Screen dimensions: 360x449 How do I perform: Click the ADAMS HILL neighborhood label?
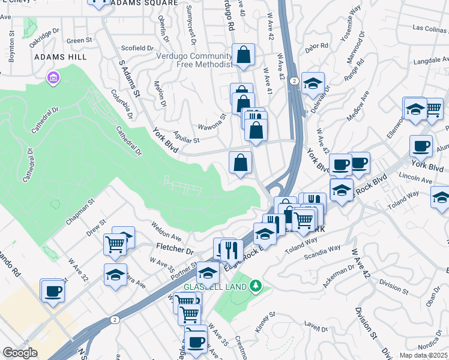(61, 57)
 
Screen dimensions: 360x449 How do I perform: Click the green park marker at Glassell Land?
(257, 286)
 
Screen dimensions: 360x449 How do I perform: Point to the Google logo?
(20, 353)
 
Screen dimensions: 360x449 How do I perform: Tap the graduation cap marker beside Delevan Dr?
(312, 83)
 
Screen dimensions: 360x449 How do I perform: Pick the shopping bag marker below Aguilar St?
(240, 163)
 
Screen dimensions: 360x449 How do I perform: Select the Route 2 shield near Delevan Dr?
(294, 80)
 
